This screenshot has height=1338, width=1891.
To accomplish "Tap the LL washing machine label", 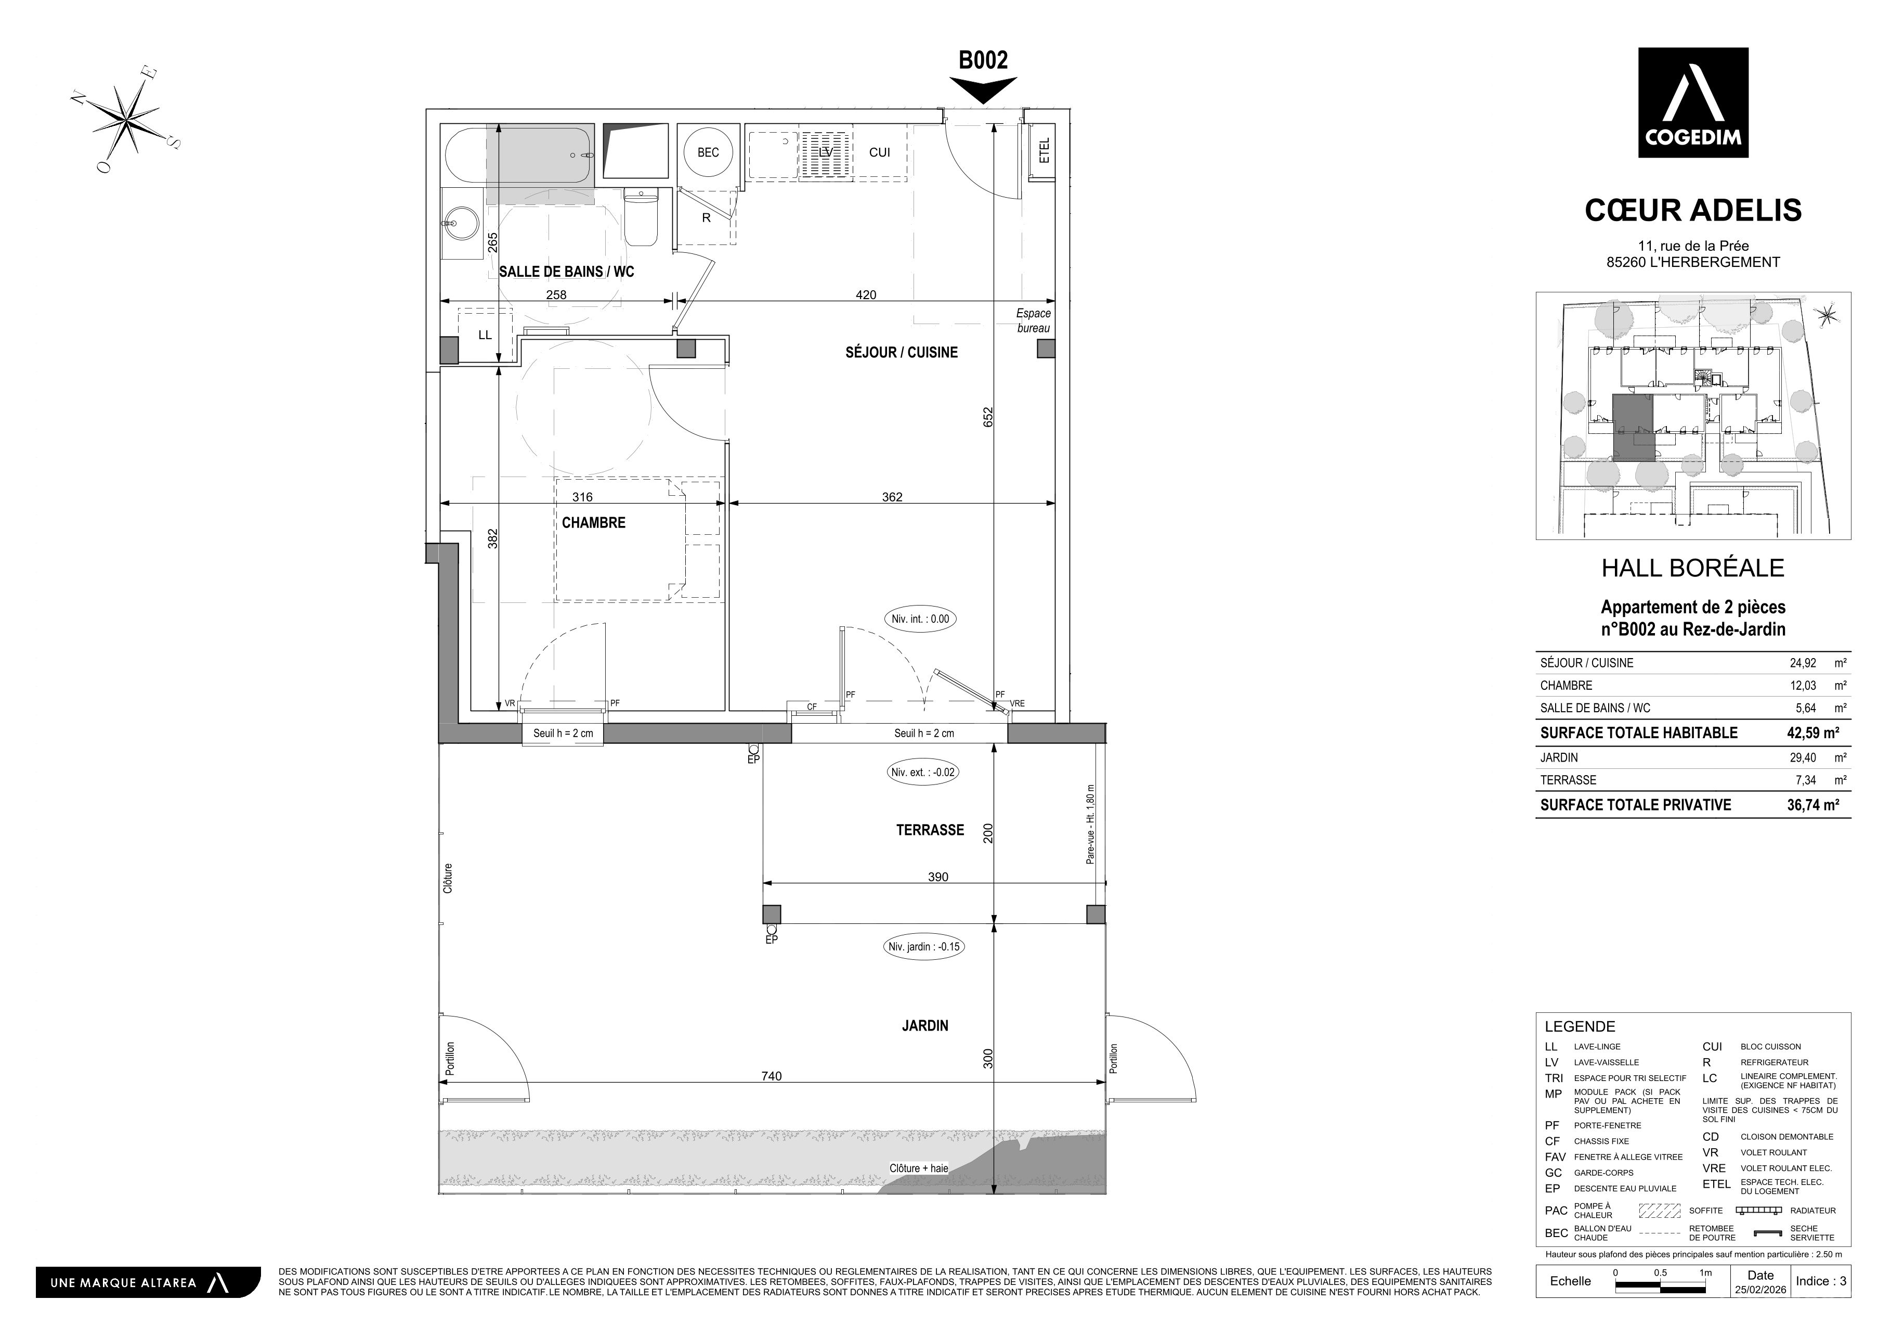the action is coord(485,334).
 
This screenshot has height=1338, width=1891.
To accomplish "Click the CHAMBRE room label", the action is coord(593,522).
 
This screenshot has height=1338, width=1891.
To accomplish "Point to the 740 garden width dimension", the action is coord(771,1076).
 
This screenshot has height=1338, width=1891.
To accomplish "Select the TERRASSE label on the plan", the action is coord(930,830).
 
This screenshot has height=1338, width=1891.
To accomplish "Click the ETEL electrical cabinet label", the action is coord(1045,151).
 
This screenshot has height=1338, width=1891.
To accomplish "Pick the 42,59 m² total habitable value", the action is coord(1813,732).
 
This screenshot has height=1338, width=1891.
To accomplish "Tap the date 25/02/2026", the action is coord(1760,1290).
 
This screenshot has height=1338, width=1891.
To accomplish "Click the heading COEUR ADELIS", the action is coord(1693,210).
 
